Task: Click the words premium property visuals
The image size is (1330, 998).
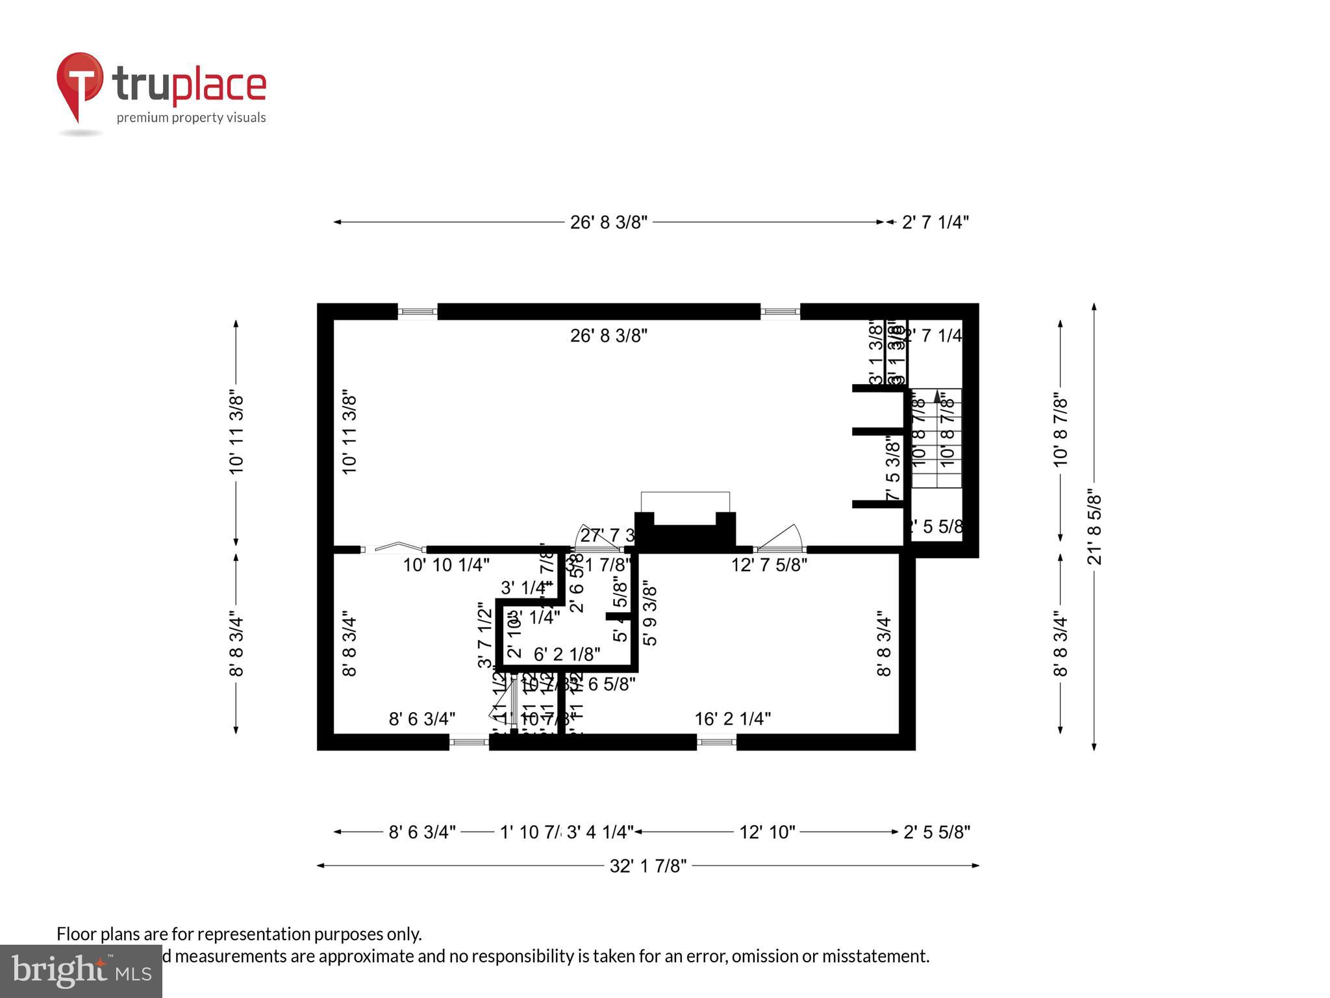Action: pyautogui.click(x=191, y=118)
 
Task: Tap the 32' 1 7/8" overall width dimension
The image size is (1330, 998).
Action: pyautogui.click(x=647, y=865)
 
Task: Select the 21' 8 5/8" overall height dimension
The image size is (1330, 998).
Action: pyautogui.click(x=1094, y=526)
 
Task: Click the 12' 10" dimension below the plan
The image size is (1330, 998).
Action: pyautogui.click(x=767, y=832)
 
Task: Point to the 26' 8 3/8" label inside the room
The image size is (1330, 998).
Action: pyautogui.click(x=609, y=336)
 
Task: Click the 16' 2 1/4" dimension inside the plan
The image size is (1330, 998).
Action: pyautogui.click(x=733, y=719)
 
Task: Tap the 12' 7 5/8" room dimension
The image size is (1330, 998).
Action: pyautogui.click(x=769, y=565)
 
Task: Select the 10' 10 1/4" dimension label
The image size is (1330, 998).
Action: pyautogui.click(x=446, y=565)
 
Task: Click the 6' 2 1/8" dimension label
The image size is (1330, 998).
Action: pyautogui.click(x=567, y=654)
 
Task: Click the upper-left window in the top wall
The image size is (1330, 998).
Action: pyautogui.click(x=418, y=312)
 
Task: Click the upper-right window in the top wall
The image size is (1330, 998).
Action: pyautogui.click(x=780, y=312)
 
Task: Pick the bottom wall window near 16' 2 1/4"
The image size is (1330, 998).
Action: pyautogui.click(x=716, y=741)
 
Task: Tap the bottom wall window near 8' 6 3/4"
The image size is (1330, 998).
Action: pyautogui.click(x=469, y=741)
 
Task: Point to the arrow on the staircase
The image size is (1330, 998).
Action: pyautogui.click(x=936, y=396)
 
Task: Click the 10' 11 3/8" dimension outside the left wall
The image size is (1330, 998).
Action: pyautogui.click(x=236, y=433)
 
